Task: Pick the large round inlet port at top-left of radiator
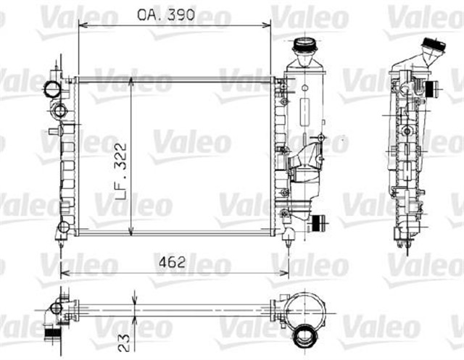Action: pos(53,89)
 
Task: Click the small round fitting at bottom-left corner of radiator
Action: pos(63,227)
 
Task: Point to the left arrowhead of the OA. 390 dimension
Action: pos(81,25)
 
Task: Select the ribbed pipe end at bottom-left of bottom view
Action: pos(53,333)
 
